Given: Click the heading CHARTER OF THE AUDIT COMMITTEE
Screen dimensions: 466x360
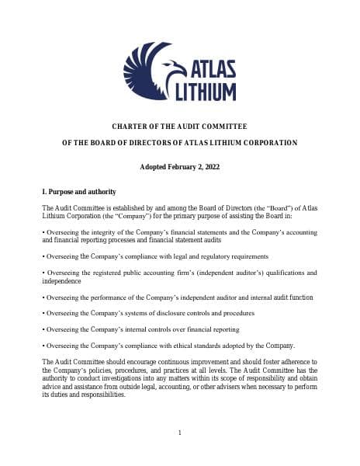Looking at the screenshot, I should (179, 126).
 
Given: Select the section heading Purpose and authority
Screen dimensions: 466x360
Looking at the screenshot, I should (82, 191).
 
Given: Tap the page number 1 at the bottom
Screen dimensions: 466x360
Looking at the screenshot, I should (179, 433).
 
